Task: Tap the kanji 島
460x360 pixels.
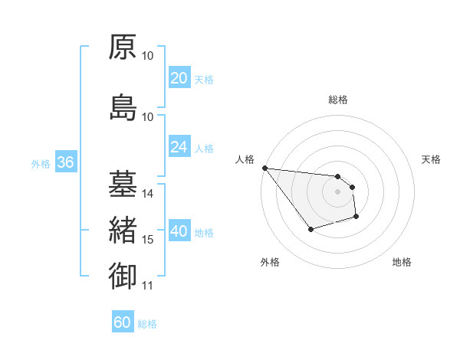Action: pos(123,106)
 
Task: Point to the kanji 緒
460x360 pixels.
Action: pos(123,230)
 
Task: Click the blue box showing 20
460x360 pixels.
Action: pos(179,78)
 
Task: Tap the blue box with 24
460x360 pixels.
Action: pos(179,147)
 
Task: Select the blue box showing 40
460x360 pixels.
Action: pos(179,232)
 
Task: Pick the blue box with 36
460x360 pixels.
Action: pos(65,162)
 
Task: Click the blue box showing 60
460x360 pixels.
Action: pos(123,323)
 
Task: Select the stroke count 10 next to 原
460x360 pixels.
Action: pos(148,55)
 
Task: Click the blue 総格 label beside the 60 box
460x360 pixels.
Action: pos(147,324)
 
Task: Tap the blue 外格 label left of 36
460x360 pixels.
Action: pos(41,163)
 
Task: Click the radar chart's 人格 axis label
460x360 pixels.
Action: pos(245,159)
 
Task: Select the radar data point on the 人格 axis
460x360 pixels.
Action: pos(264,168)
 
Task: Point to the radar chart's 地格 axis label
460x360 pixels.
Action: pos(402,262)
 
